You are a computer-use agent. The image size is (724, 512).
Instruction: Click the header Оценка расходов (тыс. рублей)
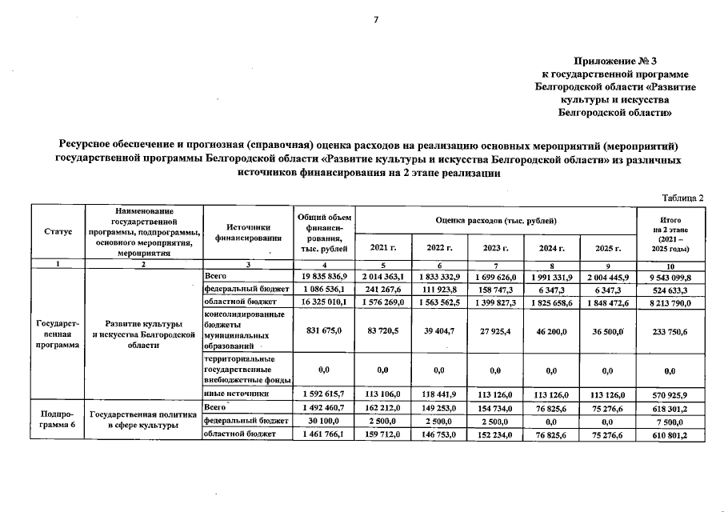point(496,219)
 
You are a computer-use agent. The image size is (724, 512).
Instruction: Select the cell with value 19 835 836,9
point(321,275)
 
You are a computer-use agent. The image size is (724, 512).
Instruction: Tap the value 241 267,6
point(382,289)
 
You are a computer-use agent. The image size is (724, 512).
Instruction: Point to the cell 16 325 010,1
point(321,302)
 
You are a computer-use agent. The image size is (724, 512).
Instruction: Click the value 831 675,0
point(321,330)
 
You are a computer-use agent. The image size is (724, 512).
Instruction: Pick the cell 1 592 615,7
point(321,394)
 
